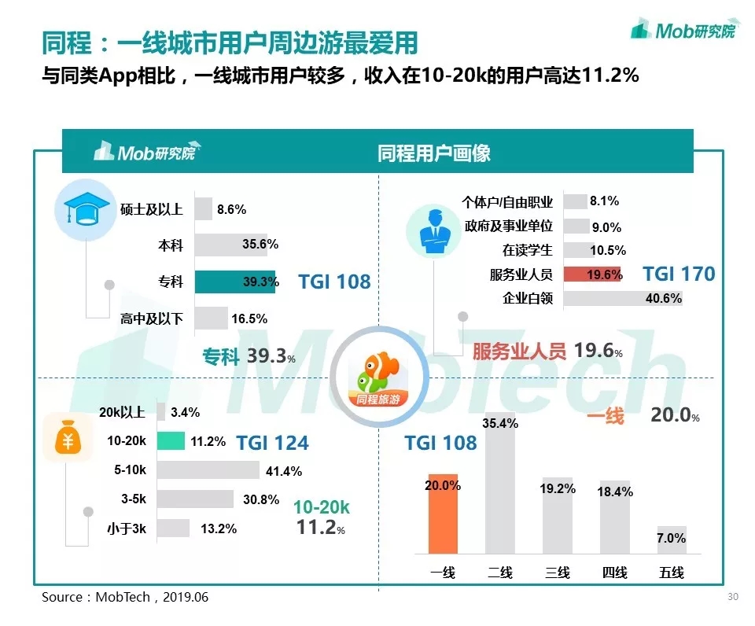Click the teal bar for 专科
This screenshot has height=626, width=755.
pos(234,282)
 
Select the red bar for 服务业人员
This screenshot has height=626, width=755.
pos(593,274)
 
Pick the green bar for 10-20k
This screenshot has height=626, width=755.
pos(171,440)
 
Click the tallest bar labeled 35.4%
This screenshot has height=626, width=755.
pos(500,484)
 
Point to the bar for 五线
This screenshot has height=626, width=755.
pos(672,539)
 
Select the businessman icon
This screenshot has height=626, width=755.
pos(432,230)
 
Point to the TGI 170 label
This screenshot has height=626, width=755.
pos(679,274)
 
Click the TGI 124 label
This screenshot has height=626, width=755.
pos(272,443)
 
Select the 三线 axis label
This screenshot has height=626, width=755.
pos(558,573)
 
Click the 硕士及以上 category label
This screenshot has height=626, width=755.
pos(152,209)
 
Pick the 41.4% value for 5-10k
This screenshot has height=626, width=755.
pos(284,471)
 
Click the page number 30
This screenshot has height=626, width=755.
pos(733,597)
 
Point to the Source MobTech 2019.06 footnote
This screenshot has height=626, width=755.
pos(125,598)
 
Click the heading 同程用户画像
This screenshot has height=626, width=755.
pos(433,153)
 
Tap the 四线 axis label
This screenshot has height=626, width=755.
pos(614,573)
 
